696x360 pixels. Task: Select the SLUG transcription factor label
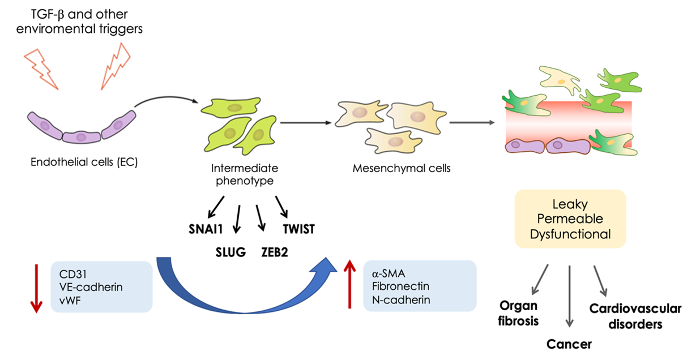pyautogui.click(x=230, y=252)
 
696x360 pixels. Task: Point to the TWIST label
pyautogui.click(x=298, y=229)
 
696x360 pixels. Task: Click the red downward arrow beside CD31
pyautogui.click(x=36, y=286)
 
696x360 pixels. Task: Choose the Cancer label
pyautogui.click(x=569, y=344)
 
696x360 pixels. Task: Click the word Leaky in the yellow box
pyautogui.click(x=570, y=205)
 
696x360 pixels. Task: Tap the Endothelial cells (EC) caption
pyautogui.click(x=84, y=162)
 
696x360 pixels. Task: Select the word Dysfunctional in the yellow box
pyautogui.click(x=570, y=233)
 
